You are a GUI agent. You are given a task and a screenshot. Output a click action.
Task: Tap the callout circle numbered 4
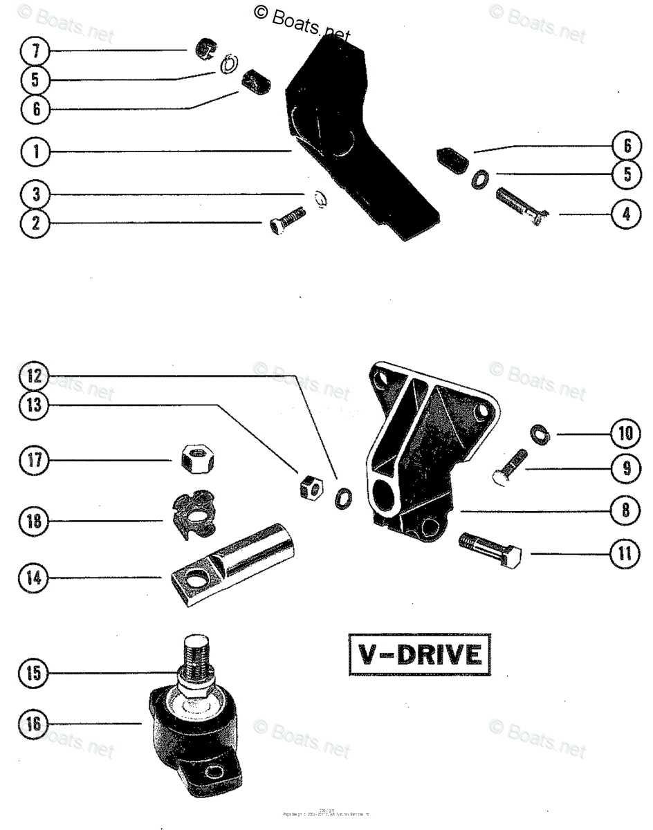coord(625,214)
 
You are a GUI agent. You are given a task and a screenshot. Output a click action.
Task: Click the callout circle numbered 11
coord(625,553)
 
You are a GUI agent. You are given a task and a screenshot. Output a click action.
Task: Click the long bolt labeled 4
coord(520,207)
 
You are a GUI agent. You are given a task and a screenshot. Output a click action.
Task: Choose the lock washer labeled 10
coord(537,433)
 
